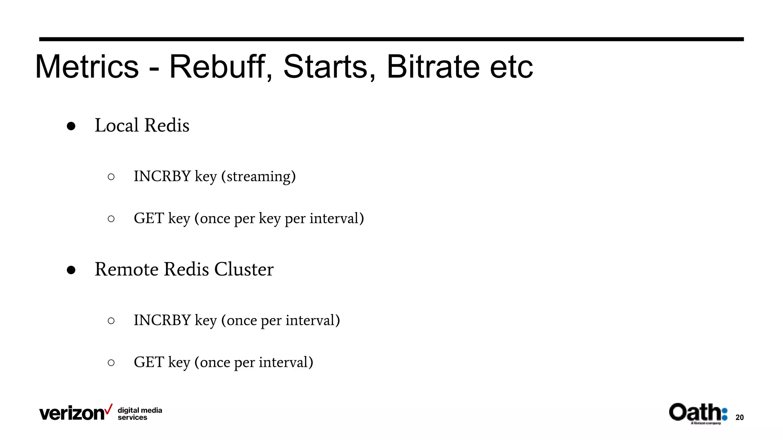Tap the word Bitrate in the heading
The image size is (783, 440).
[433, 67]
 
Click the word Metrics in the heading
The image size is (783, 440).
[87, 67]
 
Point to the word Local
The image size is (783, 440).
[117, 125]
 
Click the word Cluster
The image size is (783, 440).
[244, 269]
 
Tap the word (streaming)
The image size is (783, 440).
[258, 176]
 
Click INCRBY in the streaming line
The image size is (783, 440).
[162, 176]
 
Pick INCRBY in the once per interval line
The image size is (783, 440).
[162, 320]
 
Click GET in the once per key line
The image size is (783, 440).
[149, 218]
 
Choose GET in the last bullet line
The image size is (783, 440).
[149, 362]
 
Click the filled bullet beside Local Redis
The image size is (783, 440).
[71, 126]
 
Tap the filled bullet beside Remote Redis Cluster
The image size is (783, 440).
[71, 270]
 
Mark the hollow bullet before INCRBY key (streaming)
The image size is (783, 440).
[111, 177]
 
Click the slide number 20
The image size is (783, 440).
[739, 417]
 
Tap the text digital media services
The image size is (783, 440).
[140, 414]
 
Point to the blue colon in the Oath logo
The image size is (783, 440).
[724, 414]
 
